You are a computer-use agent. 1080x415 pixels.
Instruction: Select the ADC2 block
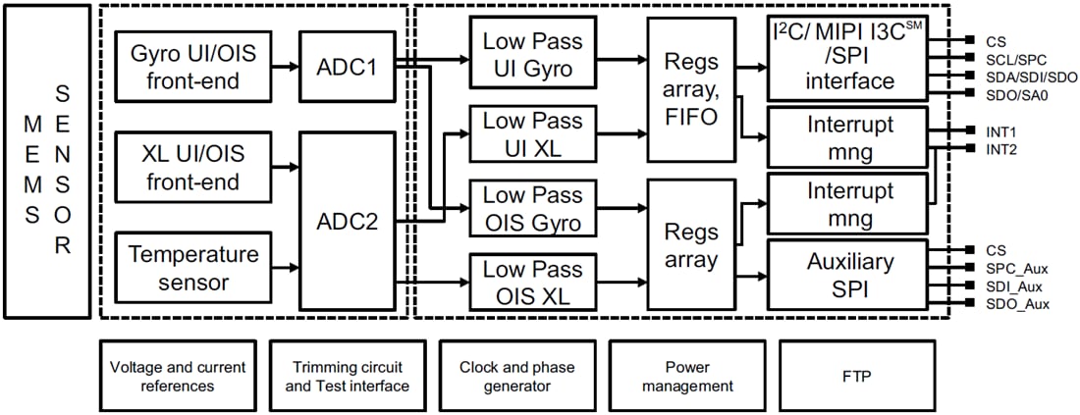pos(347,223)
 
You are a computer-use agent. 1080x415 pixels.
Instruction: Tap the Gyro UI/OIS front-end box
pos(192,66)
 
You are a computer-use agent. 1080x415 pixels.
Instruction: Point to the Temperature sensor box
pos(192,267)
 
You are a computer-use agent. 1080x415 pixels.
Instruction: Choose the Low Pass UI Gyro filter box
pos(531,56)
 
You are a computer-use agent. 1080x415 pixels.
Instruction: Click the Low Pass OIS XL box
pos(531,283)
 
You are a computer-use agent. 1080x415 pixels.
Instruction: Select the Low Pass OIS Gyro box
pos(531,208)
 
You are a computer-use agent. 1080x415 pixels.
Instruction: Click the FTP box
pos(856,376)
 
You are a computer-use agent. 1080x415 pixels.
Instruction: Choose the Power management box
pos(686,376)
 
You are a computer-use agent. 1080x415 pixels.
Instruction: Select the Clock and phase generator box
pos(516,376)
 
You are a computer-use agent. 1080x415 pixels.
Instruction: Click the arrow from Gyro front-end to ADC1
pos(285,67)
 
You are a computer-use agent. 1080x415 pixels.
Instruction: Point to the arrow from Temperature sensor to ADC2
pos(285,267)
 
